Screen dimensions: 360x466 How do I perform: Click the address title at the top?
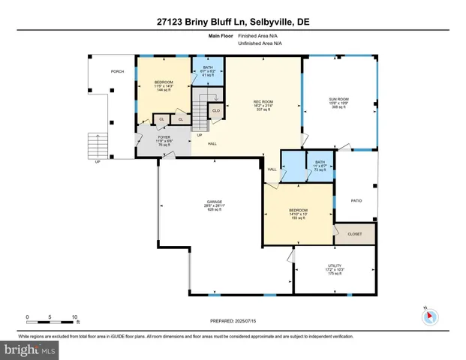233,22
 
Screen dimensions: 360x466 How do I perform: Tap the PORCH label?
117,72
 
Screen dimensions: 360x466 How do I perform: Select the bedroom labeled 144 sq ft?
163,86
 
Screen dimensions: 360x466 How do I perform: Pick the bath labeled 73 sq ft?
320,166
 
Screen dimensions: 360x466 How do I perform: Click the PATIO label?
356,201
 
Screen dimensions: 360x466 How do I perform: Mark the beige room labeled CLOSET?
354,234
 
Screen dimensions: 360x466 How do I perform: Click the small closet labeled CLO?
216,111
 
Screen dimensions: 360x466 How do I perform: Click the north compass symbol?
429,316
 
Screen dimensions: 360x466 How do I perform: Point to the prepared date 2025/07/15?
233,320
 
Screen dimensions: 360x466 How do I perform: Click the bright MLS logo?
28,349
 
